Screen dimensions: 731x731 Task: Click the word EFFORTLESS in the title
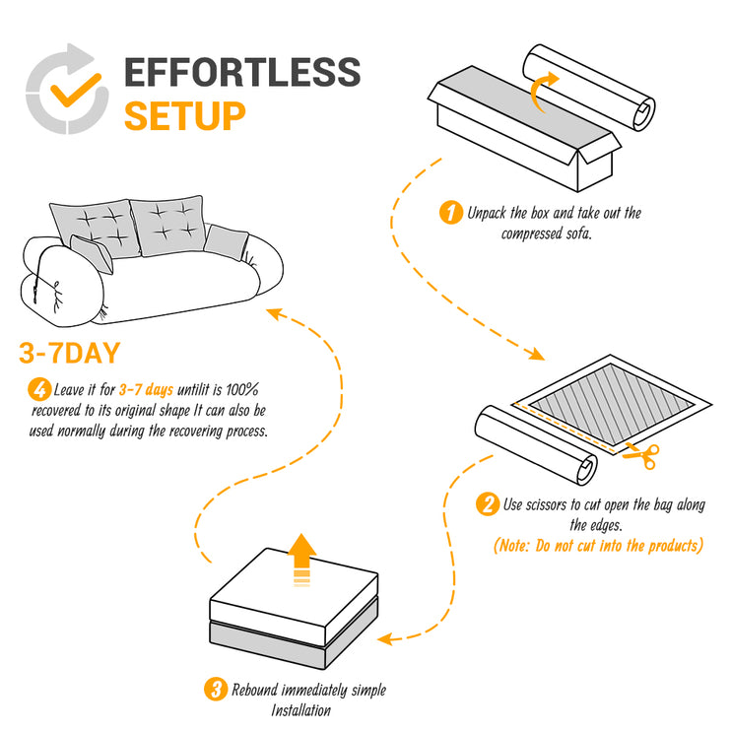pyautogui.click(x=242, y=73)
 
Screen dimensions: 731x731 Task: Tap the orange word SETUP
pyautogui.click(x=184, y=115)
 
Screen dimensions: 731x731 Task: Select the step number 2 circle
pyautogui.click(x=487, y=505)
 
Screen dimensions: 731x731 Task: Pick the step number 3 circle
pyautogui.click(x=215, y=689)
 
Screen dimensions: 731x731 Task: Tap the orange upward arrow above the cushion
pyautogui.click(x=302, y=559)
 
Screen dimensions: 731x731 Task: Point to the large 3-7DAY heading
pyautogui.click(x=84, y=353)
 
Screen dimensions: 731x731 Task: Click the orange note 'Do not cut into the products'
pyautogui.click(x=598, y=545)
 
